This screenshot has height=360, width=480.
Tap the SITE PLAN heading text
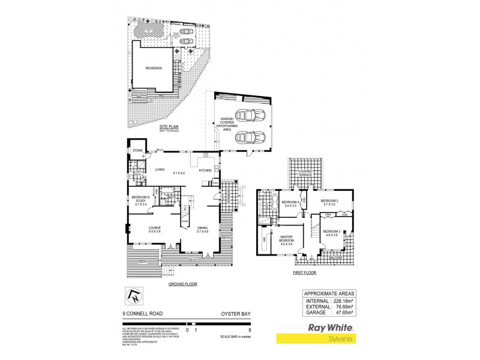169,128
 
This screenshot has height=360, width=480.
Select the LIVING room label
160,170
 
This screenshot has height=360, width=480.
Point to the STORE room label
137,150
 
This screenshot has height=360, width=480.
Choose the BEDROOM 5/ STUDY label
140,202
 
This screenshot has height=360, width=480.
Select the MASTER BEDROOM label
287,239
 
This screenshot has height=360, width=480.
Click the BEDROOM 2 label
329,201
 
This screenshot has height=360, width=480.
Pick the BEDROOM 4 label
290,203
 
